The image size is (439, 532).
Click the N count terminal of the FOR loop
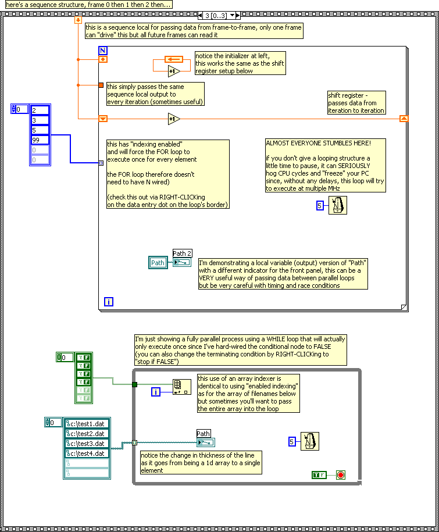pyautogui.click(x=103, y=51)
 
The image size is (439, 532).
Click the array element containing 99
pyautogui.click(x=40, y=140)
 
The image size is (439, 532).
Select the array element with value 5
pyautogui.click(x=40, y=130)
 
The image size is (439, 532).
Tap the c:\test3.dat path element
pyautogui.click(x=87, y=444)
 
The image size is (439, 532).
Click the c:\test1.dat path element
pyautogui.click(x=87, y=424)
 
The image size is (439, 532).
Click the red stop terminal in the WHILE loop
pyautogui.click(x=341, y=475)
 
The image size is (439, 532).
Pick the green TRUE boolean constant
pyautogui.click(x=319, y=475)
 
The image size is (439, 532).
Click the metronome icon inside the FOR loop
pyautogui.click(x=338, y=205)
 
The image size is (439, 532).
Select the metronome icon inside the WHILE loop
pyautogui.click(x=310, y=441)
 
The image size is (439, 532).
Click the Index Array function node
pyautogui.click(x=182, y=387)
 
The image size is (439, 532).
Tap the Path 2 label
pyautogui.click(x=182, y=253)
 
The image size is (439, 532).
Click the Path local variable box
pyautogui.click(x=158, y=263)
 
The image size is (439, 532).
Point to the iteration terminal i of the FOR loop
pyautogui.click(x=109, y=302)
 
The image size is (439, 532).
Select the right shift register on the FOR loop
pyautogui.click(x=404, y=119)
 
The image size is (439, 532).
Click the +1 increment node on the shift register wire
pyautogui.click(x=174, y=119)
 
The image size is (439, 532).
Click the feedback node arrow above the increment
pyautogui.click(x=174, y=60)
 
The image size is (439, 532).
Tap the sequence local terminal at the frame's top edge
pyautogui.click(x=78, y=20)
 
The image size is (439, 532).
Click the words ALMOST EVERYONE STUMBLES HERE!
pyautogui.click(x=318, y=143)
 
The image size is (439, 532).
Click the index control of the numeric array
pyautogui.click(x=19, y=109)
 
